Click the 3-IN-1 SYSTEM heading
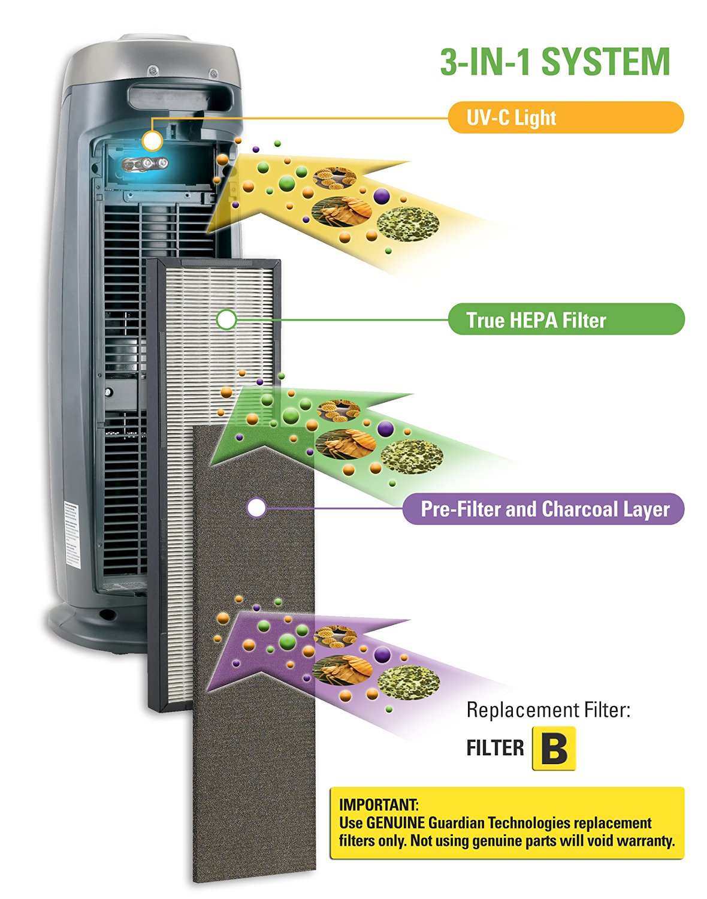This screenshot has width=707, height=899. (555, 62)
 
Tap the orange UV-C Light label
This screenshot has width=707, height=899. (565, 117)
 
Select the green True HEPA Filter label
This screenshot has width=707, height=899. (566, 319)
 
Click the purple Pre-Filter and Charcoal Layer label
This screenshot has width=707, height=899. (543, 509)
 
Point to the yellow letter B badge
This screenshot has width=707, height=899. (554, 748)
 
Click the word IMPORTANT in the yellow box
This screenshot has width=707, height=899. (379, 804)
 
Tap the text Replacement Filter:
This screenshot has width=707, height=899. (548, 710)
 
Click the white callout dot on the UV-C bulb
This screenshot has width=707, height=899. (153, 141)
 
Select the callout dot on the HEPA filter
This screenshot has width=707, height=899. (226, 319)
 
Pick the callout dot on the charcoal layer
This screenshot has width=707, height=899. (256, 508)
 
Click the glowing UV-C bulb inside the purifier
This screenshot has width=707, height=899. (144, 163)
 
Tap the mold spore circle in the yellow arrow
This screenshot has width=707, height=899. (408, 223)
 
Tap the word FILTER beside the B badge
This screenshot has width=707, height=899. (495, 748)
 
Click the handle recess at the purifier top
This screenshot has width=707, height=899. (177, 96)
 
